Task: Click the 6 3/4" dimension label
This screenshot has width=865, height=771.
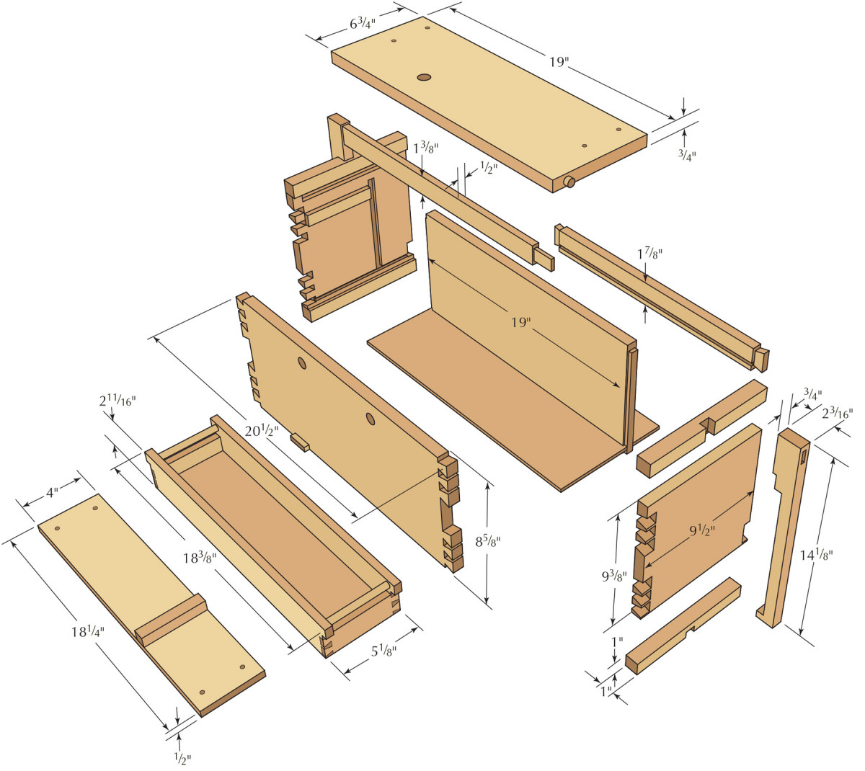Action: coord(365,23)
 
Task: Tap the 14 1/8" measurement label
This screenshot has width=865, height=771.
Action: coord(817,555)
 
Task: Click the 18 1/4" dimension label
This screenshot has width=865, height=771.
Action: coord(88,632)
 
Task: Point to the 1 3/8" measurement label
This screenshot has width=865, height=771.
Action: coord(425,148)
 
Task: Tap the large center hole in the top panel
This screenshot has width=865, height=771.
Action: coord(424,76)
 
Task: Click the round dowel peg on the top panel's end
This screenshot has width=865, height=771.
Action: coord(569,182)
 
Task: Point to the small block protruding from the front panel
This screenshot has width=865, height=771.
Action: coord(300,442)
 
